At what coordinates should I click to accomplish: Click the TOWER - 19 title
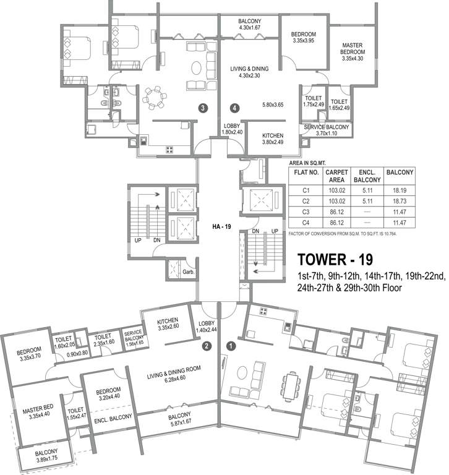pyautogui.click(x=335, y=260)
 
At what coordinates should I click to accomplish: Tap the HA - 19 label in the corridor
pyautogui.click(x=221, y=226)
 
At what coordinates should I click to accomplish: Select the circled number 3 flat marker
pyautogui.click(x=203, y=108)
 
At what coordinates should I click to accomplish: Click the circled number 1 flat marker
pyautogui.click(x=231, y=346)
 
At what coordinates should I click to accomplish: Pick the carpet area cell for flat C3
pyautogui.click(x=336, y=212)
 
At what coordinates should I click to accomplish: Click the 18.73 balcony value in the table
pyautogui.click(x=400, y=201)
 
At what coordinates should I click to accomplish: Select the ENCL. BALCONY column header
pyautogui.click(x=367, y=176)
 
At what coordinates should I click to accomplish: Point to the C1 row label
pyautogui.click(x=306, y=190)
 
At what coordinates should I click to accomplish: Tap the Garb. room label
pyautogui.click(x=189, y=272)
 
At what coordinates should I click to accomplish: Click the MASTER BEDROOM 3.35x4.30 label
pyautogui.click(x=353, y=52)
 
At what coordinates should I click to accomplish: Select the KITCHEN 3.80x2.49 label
pyautogui.click(x=273, y=139)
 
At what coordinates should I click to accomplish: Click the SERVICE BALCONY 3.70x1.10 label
pyautogui.click(x=327, y=131)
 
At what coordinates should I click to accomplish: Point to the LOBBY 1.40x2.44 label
pyautogui.click(x=207, y=327)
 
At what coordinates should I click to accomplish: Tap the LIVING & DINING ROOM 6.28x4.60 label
pyautogui.click(x=174, y=375)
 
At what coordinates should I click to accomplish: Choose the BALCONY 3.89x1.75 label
pyautogui.click(x=46, y=456)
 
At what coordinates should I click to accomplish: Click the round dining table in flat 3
pyautogui.click(x=154, y=98)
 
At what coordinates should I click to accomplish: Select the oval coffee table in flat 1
pyautogui.click(x=242, y=372)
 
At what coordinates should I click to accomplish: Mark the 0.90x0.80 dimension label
pyautogui.click(x=77, y=353)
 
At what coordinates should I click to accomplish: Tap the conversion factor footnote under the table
pyautogui.click(x=343, y=234)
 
